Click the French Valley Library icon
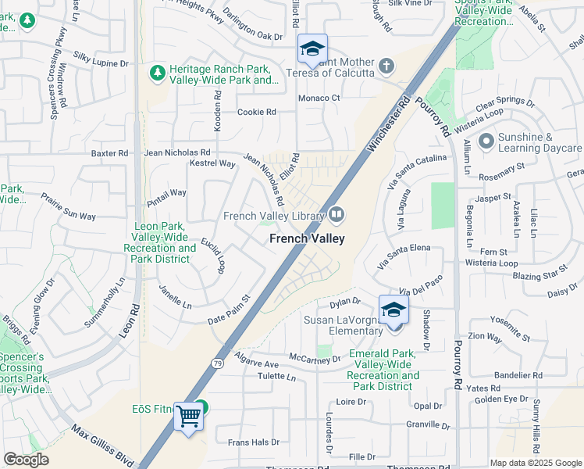click(x=337, y=213)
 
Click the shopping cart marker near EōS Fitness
click(x=188, y=416)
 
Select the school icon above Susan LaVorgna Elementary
click(x=393, y=309)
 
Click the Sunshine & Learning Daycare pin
click(x=486, y=141)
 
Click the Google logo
click(x=27, y=460)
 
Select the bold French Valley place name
click(x=308, y=239)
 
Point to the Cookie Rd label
click(x=257, y=112)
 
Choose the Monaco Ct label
click(x=320, y=98)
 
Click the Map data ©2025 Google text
click(x=534, y=463)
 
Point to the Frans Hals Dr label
click(x=253, y=442)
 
